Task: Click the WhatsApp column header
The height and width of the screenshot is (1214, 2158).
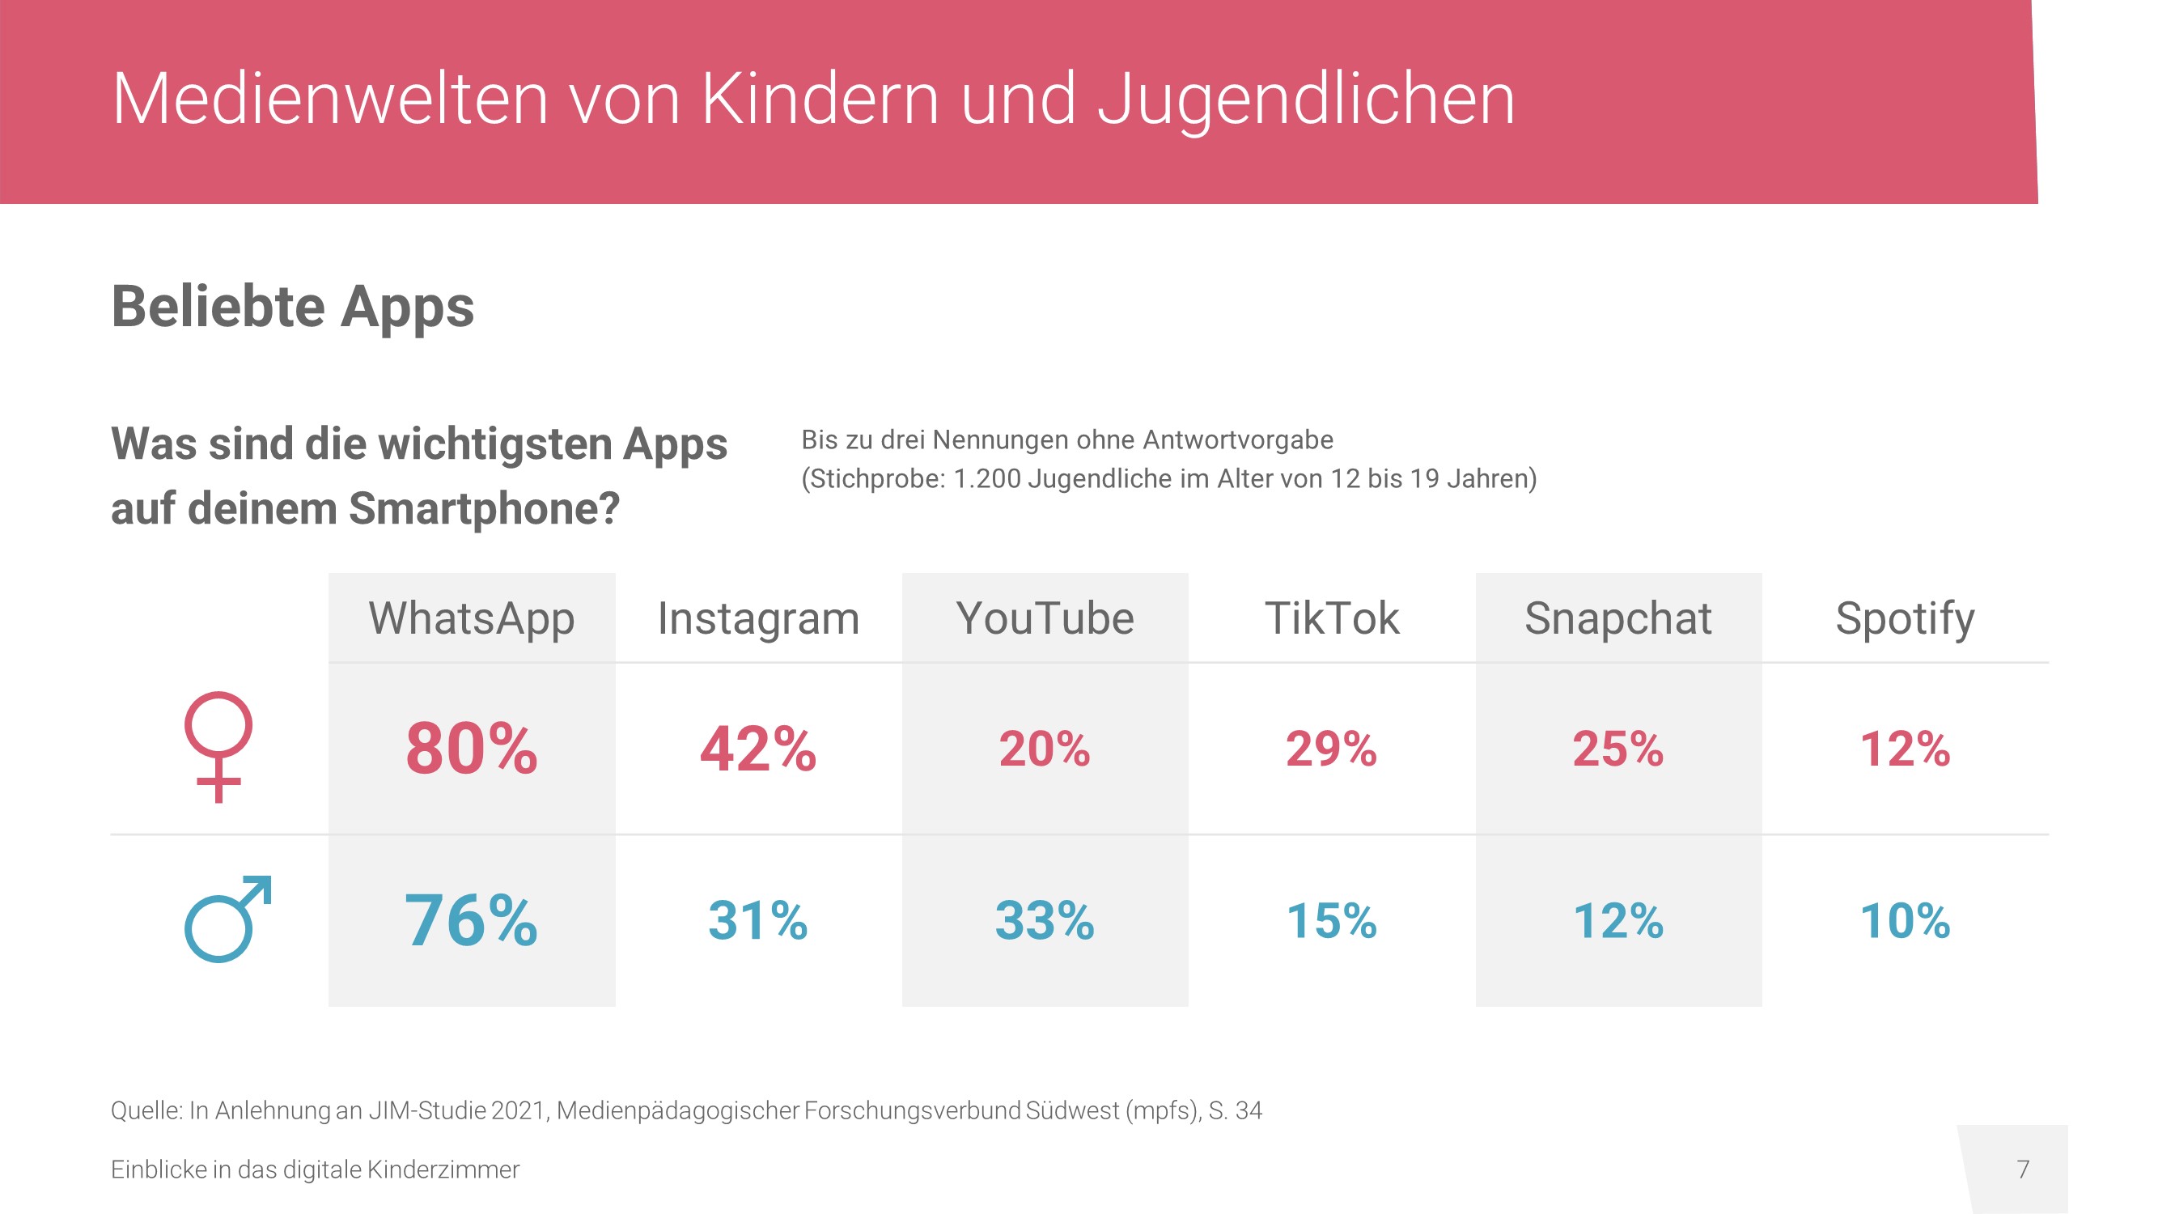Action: click(x=472, y=619)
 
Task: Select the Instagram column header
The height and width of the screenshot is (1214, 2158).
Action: click(x=758, y=619)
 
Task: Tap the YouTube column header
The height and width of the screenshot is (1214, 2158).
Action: click(x=1045, y=619)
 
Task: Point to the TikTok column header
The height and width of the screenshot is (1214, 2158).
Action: click(x=1331, y=619)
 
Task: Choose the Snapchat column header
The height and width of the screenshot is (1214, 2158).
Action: click(x=1617, y=619)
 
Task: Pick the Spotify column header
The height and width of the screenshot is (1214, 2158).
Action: click(x=1904, y=619)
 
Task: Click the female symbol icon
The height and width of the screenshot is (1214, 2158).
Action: click(x=218, y=745)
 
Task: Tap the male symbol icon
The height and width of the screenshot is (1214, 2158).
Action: click(x=227, y=919)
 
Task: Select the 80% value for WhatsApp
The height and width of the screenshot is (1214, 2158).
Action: click(x=472, y=748)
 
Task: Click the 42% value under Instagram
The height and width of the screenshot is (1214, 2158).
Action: click(x=758, y=748)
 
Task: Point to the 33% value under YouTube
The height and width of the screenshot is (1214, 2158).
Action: click(x=1045, y=920)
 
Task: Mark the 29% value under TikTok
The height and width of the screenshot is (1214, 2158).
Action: click(x=1331, y=748)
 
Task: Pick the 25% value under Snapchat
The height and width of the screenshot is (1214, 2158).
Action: click(x=1617, y=748)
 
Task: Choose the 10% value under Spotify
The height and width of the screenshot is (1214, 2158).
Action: click(x=1904, y=920)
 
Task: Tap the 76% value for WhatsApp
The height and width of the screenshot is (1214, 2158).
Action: click(x=472, y=920)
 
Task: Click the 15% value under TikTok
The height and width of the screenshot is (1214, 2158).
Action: click(x=1331, y=920)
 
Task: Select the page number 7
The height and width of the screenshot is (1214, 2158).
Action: click(x=2022, y=1169)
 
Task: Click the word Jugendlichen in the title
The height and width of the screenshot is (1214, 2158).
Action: click(x=1305, y=99)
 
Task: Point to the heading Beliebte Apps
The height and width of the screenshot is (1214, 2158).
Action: click(x=292, y=307)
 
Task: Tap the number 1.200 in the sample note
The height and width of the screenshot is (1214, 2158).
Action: click(x=987, y=478)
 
